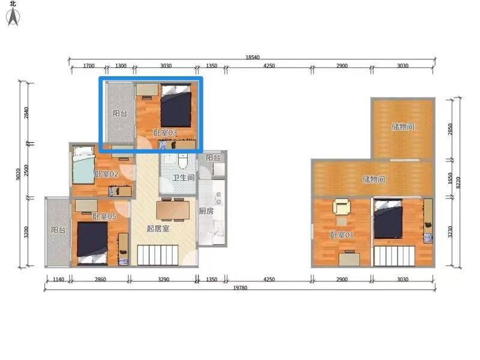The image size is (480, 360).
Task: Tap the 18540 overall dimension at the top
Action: tap(253, 57)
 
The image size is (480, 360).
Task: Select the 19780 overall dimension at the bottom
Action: tap(241, 288)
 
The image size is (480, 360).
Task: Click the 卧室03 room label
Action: tap(166, 133)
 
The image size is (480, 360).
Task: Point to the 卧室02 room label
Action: tap(107, 174)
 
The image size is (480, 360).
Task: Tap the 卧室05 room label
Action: tap(104, 217)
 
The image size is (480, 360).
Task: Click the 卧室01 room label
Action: tap(342, 235)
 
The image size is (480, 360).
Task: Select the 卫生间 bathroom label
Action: tap(184, 178)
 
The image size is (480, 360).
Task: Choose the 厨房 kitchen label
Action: tap(206, 211)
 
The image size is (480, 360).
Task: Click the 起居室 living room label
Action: tap(158, 229)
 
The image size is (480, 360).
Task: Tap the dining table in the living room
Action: tap(173, 209)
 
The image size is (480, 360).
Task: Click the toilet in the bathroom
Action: tap(183, 161)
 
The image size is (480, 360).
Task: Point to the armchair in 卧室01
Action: tap(341, 206)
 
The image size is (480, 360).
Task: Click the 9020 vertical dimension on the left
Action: tap(19, 174)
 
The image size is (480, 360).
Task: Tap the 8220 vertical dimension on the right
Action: tap(458, 183)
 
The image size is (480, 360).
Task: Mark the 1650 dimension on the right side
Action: tap(450, 178)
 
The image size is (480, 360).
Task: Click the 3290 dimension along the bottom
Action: tap(163, 279)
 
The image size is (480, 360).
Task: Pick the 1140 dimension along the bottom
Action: tap(58, 279)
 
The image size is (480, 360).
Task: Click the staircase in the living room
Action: tap(158, 255)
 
